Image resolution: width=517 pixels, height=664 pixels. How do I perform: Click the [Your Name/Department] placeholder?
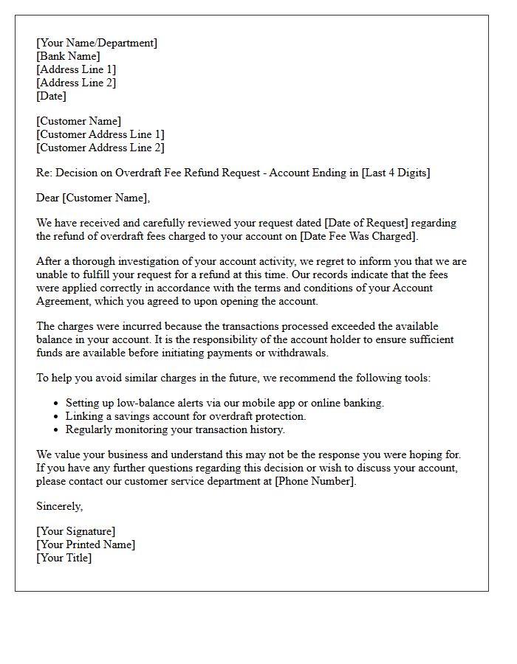click(x=96, y=43)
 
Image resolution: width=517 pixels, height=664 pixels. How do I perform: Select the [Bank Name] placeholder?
click(x=68, y=56)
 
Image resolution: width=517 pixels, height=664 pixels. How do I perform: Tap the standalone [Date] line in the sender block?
click(x=51, y=96)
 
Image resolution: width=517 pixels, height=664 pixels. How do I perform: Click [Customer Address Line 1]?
click(x=100, y=134)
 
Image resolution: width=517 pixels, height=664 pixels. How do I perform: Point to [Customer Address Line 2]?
click(x=100, y=148)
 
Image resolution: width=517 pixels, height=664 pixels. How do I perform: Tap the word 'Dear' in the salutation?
click(x=48, y=198)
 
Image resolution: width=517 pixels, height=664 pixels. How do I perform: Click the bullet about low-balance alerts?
click(x=225, y=403)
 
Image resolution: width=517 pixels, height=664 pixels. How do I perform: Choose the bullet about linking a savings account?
click(x=185, y=416)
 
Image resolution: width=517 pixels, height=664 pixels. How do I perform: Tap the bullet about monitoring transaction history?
click(x=175, y=429)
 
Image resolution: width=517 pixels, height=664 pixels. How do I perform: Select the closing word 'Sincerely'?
click(x=59, y=506)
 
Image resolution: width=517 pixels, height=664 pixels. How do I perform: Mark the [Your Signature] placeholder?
click(x=75, y=531)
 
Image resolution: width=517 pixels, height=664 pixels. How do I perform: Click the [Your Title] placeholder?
click(x=64, y=558)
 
